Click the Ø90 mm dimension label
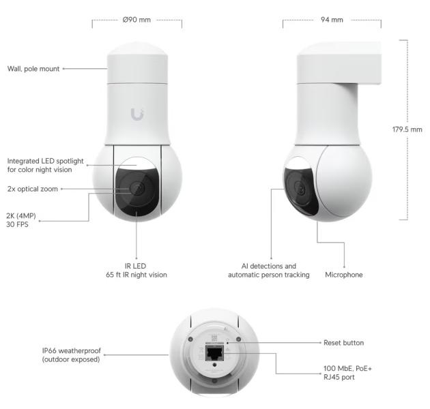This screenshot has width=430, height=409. point(137,20)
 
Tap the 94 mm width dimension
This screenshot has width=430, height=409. point(332,20)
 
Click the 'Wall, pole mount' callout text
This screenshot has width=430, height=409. point(33,69)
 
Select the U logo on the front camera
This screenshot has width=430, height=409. point(137,115)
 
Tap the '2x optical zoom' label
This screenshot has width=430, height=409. point(32,189)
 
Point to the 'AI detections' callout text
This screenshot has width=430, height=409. point(268,270)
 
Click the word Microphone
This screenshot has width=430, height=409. point(344,275)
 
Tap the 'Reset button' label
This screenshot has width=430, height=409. point(343,342)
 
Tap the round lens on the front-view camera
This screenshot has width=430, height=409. point(135,189)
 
